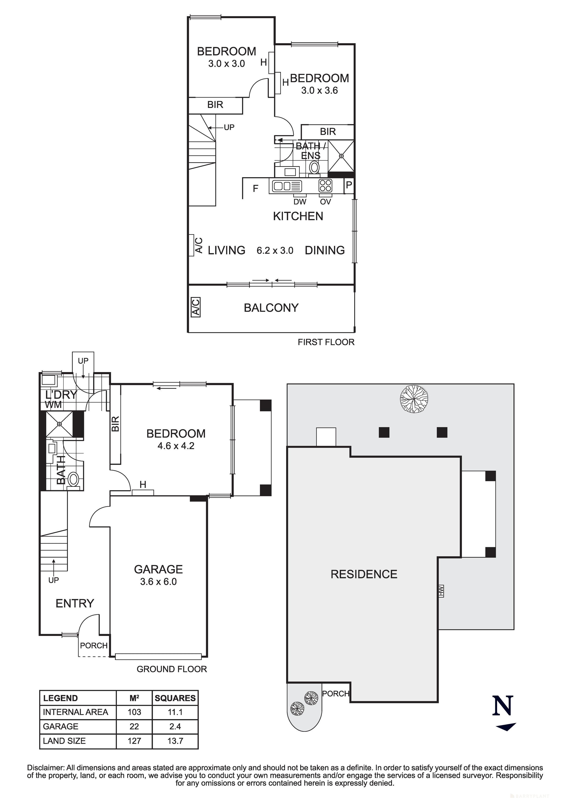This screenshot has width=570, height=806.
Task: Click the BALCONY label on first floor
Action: pos(271,308)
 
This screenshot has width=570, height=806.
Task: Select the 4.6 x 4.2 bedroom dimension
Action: pos(176,446)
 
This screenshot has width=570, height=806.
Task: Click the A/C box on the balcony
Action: pos(195,307)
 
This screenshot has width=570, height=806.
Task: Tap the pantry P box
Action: pos(349,185)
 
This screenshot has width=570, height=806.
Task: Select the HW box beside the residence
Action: pos(441,590)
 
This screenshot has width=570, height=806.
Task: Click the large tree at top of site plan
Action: pos(414,398)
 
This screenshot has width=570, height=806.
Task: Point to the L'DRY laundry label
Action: pos(61,395)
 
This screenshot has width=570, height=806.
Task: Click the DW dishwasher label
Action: pos(300,202)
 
